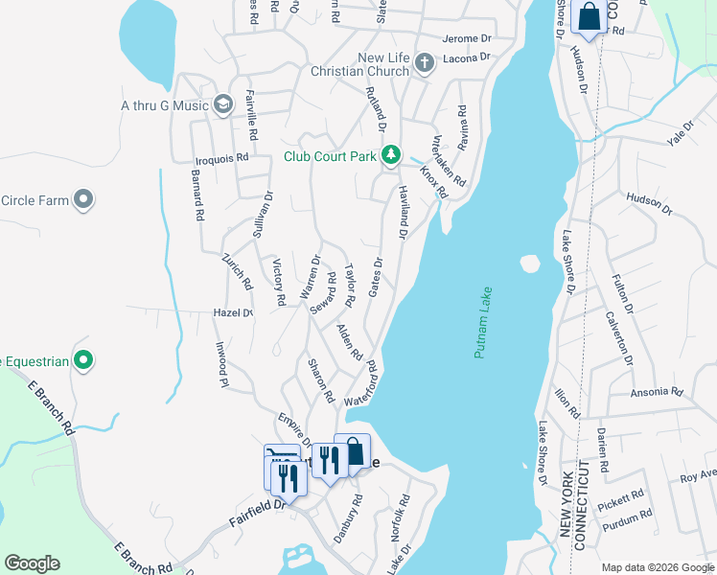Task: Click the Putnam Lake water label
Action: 483,323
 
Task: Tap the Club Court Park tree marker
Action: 390,154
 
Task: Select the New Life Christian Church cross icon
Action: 425,63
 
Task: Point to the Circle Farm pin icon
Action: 83,199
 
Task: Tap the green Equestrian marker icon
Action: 83,360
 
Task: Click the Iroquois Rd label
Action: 223,156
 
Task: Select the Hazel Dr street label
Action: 233,313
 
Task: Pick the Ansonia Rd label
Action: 656,393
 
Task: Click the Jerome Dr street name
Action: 467,39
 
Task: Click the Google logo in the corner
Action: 32,563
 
